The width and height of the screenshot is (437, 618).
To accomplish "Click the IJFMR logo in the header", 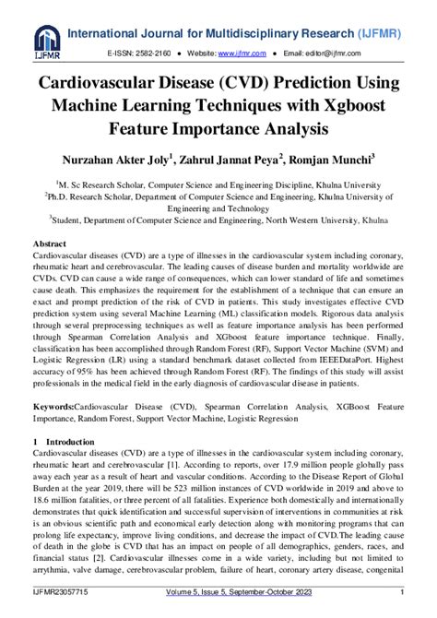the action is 45,40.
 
